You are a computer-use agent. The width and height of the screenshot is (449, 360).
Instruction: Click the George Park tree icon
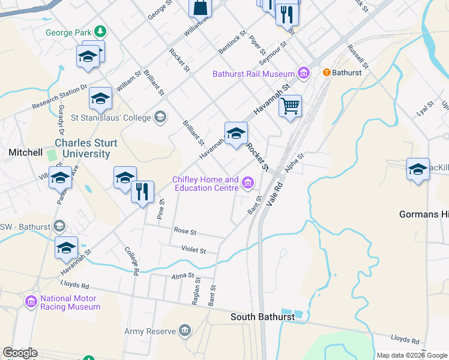[101, 31]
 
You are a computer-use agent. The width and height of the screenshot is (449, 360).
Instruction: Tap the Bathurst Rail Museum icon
[304, 74]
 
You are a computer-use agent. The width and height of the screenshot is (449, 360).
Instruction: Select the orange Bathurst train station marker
[327, 73]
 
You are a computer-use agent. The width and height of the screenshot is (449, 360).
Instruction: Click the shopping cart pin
[290, 107]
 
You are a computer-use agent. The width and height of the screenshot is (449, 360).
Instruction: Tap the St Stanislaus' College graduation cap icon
[160, 117]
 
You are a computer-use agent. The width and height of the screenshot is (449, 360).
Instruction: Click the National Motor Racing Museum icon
[31, 302]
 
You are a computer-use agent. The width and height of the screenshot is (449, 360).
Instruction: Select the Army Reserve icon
[184, 331]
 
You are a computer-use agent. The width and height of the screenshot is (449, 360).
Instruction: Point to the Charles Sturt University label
[82, 148]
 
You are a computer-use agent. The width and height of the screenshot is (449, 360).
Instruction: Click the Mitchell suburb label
[25, 152]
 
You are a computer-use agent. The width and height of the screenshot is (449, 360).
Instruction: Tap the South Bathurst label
[262, 317]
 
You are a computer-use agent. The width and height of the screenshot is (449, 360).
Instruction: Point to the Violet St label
[194, 249]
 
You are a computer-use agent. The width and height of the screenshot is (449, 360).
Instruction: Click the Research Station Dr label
[59, 97]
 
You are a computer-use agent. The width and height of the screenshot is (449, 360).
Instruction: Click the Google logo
[20, 353]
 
